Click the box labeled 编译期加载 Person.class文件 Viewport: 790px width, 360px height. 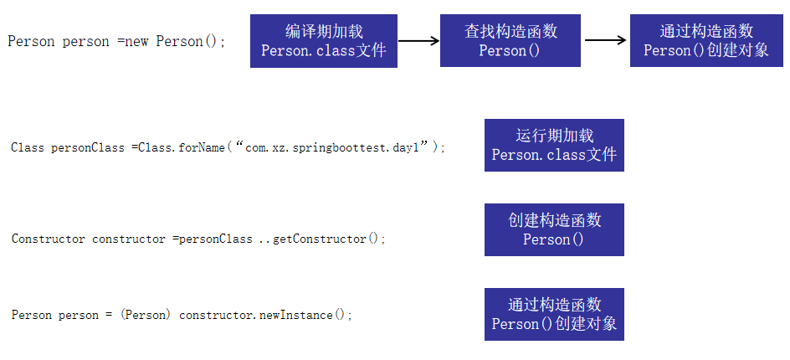click(x=324, y=41)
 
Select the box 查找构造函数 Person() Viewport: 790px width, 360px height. click(x=510, y=41)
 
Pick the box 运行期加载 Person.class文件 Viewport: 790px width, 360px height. click(x=554, y=146)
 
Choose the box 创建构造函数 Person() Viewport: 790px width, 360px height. click(x=554, y=229)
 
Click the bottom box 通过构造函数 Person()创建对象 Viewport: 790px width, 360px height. click(x=554, y=314)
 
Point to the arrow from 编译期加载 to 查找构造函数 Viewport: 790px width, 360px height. click(x=418, y=40)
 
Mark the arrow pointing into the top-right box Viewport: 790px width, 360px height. click(x=607, y=40)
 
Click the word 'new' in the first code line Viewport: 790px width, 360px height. click(x=136, y=41)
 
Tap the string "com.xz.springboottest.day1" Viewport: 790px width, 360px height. click(x=337, y=147)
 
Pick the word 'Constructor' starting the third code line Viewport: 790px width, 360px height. click(x=48, y=239)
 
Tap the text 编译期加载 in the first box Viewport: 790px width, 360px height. click(x=324, y=32)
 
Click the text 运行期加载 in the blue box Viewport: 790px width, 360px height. click(x=554, y=136)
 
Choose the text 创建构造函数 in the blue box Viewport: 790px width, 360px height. click(x=554, y=220)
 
